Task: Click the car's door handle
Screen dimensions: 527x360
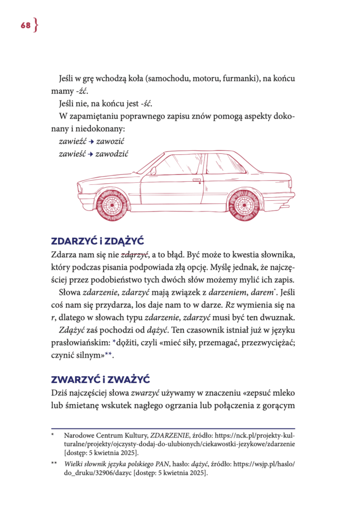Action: (196, 181)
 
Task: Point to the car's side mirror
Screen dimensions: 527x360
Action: (153, 171)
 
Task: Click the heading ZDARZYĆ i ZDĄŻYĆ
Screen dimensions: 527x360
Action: (97, 241)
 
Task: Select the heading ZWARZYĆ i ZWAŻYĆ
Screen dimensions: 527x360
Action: (100, 379)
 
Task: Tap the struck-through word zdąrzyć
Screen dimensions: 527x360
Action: (134, 255)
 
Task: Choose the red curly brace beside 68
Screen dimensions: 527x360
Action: (36, 26)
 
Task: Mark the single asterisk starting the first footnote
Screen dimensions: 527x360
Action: (53, 435)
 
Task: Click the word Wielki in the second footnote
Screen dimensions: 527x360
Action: (74, 464)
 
